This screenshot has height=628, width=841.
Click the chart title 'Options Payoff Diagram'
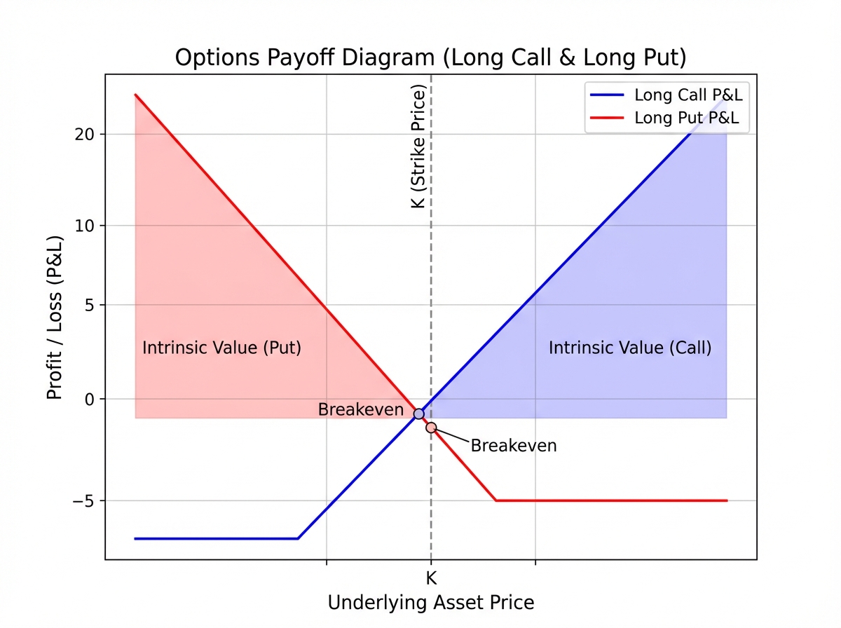430,57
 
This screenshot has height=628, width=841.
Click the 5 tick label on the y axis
91,305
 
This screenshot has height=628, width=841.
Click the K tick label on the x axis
431,578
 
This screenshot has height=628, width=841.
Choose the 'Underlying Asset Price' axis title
430,603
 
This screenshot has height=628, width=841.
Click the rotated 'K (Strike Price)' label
418,146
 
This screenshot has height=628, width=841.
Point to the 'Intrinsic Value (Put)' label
221,348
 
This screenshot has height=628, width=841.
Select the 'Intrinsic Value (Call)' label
629,348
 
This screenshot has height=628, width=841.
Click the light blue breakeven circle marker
419,414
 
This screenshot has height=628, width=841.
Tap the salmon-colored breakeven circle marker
431,428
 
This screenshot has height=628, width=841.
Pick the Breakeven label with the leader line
513,446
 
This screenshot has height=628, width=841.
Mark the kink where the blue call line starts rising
298,538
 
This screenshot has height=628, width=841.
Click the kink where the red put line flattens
495,500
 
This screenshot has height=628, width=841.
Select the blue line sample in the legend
607,95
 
